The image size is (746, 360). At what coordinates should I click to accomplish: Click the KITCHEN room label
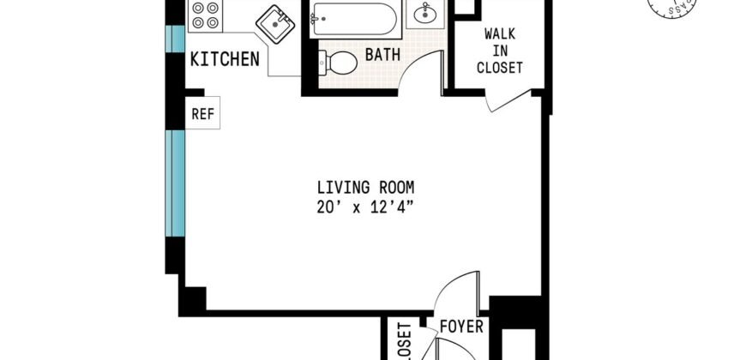point(225,59)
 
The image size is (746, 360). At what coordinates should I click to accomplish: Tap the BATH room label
point(382,55)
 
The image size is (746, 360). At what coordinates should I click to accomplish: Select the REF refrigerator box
point(202,113)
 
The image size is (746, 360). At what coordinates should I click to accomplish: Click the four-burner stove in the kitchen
point(205,16)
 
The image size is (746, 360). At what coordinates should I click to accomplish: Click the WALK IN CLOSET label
point(500,51)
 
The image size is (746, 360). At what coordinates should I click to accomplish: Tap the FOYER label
point(462,327)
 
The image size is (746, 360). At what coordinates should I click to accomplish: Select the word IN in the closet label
point(500,51)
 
